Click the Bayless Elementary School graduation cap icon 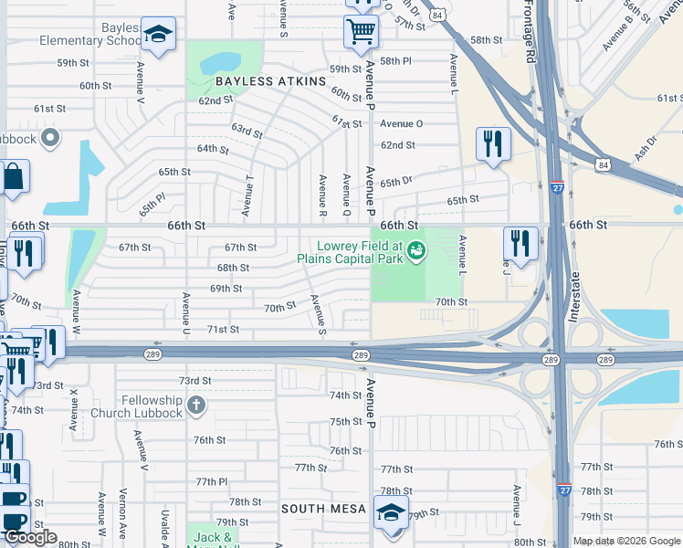[x=159, y=36]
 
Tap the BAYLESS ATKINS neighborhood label [x=270, y=81]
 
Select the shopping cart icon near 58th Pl [x=361, y=32]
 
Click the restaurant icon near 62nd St [x=493, y=144]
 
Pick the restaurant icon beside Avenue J [x=520, y=244]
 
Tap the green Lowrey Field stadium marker [x=416, y=248]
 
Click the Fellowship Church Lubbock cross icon [x=195, y=404]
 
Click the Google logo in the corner [x=30, y=537]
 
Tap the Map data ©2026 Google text [x=626, y=541]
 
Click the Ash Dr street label [x=647, y=146]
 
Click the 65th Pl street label [x=152, y=204]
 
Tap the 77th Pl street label [x=211, y=481]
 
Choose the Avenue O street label [x=402, y=123]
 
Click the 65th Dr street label [x=396, y=183]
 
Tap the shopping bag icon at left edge [x=15, y=177]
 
